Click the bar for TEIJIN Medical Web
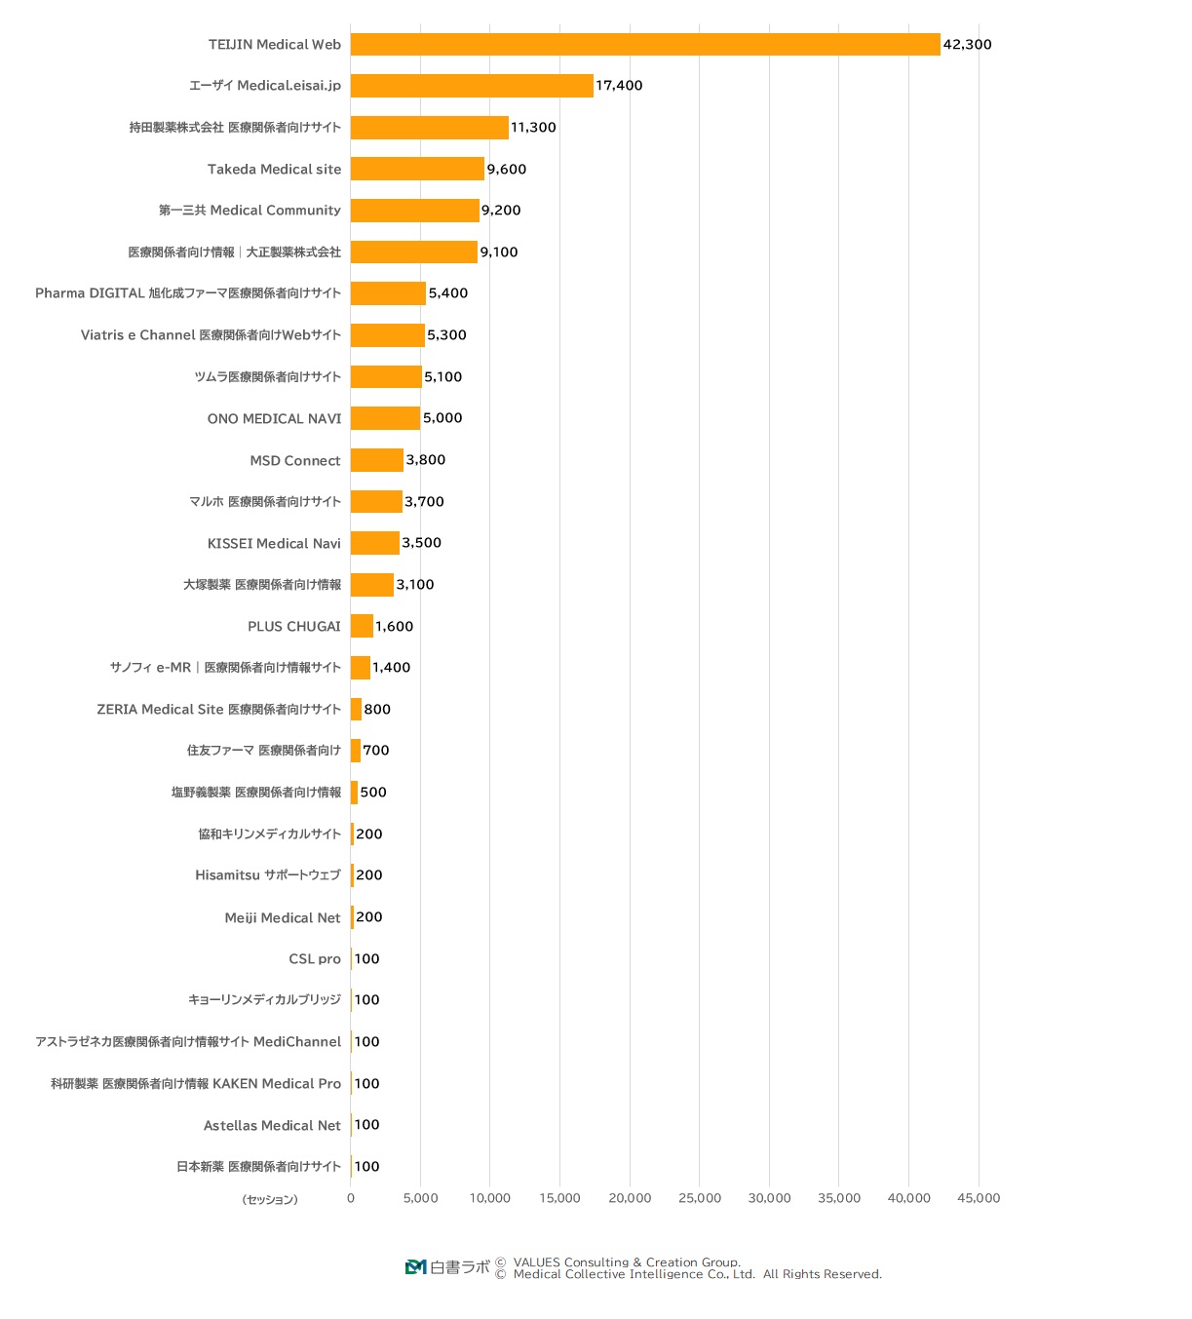coord(645,45)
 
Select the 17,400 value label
coord(619,86)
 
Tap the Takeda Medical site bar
coord(417,169)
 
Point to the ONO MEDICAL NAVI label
coord(274,419)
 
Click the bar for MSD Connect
coord(376,460)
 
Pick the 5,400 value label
coord(447,293)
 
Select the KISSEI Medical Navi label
coord(274,544)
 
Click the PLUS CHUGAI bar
coord(362,626)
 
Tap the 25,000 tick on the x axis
coord(700,1198)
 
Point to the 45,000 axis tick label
coord(979,1198)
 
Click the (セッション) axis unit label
coord(270,1200)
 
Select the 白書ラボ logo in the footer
coord(447,1266)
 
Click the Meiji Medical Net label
coord(283,918)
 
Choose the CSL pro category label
coord(315,959)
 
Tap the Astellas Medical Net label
coord(272,1126)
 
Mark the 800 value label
coord(377,710)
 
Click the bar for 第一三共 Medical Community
coord(414,211)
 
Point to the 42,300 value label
coord(967,45)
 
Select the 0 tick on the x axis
coord(351,1198)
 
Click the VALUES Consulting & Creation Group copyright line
coord(626,1261)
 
